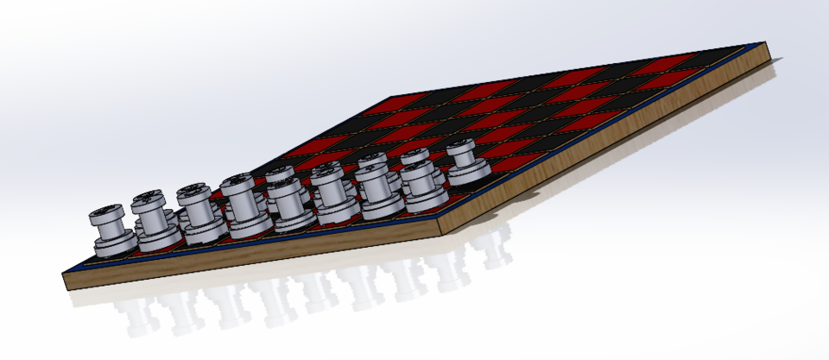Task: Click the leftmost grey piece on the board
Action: point(111,229)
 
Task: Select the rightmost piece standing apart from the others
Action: point(465,161)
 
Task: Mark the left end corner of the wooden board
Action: point(66,281)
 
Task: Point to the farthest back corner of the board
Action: point(394,97)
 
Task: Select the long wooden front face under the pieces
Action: point(259,259)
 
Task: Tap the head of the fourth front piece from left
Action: point(237,184)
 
